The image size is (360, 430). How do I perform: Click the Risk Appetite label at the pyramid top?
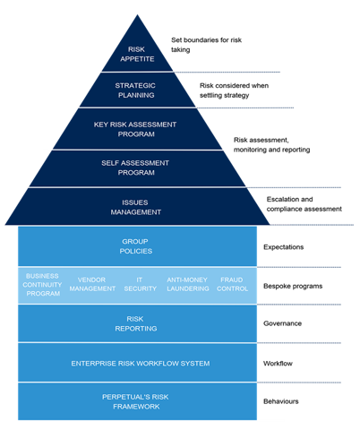point(136,54)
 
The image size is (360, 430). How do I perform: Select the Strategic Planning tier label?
point(136,90)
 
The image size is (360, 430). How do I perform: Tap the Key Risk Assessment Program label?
point(136,129)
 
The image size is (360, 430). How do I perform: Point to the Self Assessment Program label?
point(136,168)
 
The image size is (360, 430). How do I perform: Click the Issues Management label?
point(136,207)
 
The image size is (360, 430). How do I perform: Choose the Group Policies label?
point(136,246)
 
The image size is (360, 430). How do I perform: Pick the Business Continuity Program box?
point(43,284)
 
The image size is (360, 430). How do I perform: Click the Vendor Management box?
point(92,284)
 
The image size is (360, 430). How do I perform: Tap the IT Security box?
point(140,284)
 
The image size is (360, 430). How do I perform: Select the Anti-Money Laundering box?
point(187,284)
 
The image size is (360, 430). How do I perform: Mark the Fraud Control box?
point(232,284)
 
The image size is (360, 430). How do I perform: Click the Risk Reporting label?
point(136,323)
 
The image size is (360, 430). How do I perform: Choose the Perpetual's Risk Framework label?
point(136,401)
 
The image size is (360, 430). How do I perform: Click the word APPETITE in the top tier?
point(136,59)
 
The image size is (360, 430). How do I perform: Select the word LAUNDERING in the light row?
point(187,288)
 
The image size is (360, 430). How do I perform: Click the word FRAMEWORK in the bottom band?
point(136,407)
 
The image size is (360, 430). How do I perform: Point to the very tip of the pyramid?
point(136,15)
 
